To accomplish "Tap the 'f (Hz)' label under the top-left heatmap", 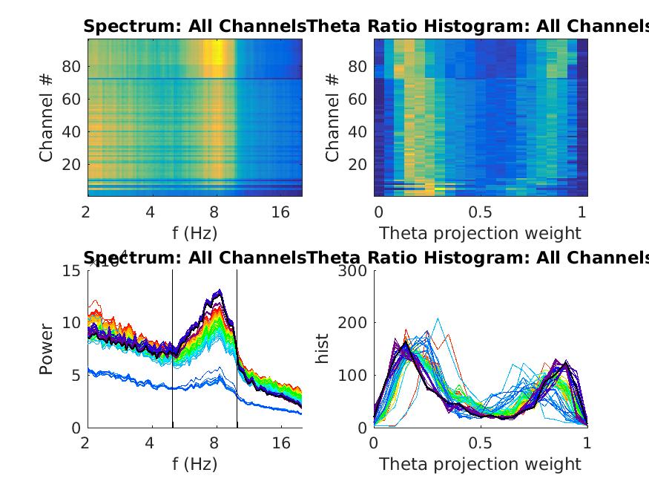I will click(x=194, y=234).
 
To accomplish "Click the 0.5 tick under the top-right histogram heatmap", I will click(x=480, y=213).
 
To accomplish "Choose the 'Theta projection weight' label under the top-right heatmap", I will click(x=480, y=234).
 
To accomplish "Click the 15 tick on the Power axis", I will click(x=72, y=270).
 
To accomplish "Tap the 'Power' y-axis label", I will click(x=47, y=349).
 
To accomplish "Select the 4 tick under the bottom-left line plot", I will click(x=151, y=444).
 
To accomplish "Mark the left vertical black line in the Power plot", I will click(x=172, y=349).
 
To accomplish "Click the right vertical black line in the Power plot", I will click(x=237, y=349).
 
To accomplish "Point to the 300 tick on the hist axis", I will click(x=352, y=270).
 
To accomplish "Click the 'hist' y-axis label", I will click(x=323, y=349).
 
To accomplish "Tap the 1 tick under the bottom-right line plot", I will click(x=587, y=444).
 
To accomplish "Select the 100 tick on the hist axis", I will click(x=352, y=376).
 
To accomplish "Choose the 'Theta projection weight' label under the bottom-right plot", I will click(x=480, y=465).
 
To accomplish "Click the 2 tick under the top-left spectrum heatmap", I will click(x=88, y=213).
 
